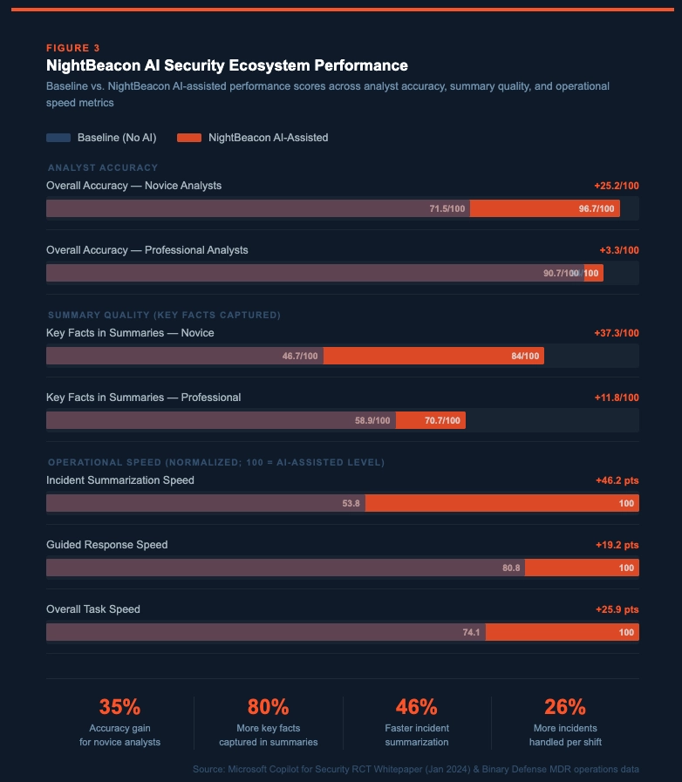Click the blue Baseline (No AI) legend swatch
click(58, 138)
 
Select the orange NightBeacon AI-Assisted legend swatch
click(189, 138)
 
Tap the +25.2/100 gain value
click(616, 186)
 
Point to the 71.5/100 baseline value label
click(447, 209)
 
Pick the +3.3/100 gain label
click(619, 250)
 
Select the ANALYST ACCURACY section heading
click(103, 167)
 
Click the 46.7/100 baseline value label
click(300, 356)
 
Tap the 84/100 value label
click(525, 356)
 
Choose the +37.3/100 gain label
click(616, 333)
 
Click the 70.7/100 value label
click(442, 420)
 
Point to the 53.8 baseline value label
click(351, 503)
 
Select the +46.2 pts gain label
click(617, 480)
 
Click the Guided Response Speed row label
click(107, 545)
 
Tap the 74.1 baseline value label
click(472, 632)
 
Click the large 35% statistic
click(119, 707)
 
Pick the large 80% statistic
click(268, 707)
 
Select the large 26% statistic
click(565, 707)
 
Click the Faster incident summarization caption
click(417, 735)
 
